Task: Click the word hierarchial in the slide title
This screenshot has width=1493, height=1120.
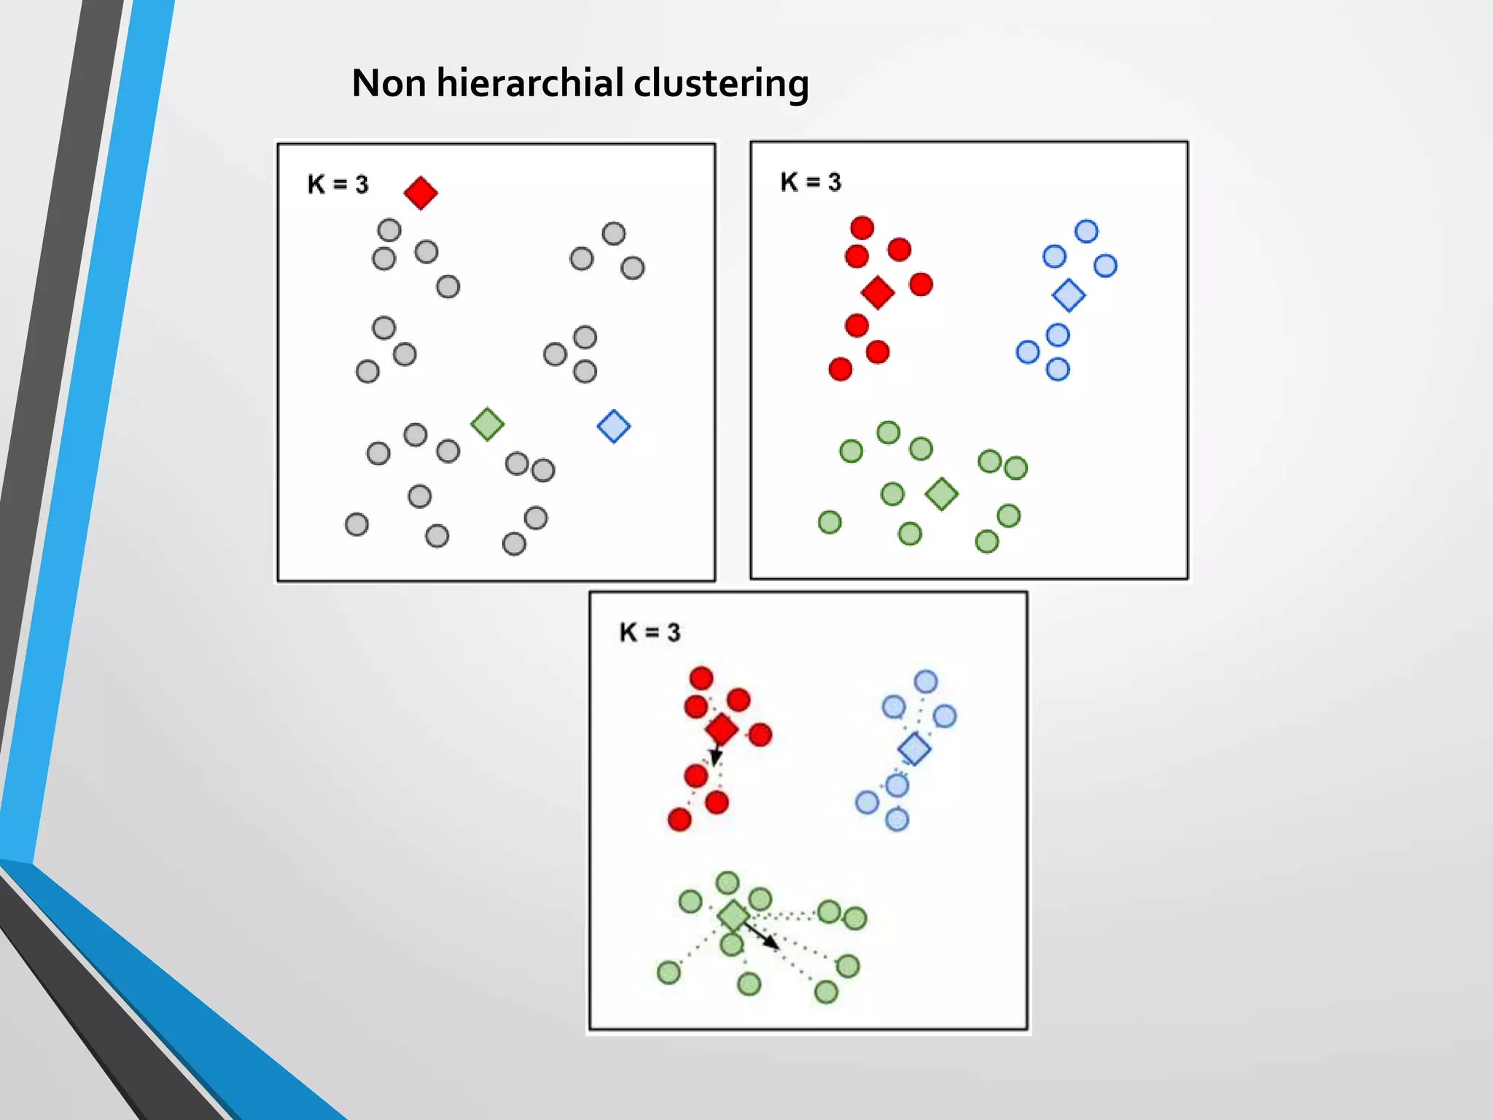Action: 531,82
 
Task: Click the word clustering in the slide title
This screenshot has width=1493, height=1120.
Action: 721,84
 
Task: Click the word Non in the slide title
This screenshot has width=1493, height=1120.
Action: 389,82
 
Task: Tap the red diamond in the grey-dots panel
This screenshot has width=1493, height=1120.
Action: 421,193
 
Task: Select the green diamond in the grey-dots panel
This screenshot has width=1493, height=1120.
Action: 487,424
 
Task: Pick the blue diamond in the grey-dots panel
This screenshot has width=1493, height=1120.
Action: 614,427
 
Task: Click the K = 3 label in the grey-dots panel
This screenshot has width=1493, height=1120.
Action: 338,184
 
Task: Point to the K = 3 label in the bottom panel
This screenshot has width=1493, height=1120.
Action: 650,632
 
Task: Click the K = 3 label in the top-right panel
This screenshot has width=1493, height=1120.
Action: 811,182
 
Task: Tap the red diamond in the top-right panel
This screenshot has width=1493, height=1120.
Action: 878,292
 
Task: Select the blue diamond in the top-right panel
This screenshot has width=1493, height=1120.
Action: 1069,295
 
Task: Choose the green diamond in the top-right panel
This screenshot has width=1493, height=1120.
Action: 941,494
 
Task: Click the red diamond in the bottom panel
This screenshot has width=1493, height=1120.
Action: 722,729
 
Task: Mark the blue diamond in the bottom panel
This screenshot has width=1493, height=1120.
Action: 914,749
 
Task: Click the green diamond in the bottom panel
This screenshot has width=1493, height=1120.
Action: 733,916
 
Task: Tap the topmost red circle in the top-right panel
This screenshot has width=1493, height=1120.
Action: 862,227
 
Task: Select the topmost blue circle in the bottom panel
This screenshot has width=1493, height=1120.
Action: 926,682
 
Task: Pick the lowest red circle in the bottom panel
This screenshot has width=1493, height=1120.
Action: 679,820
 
